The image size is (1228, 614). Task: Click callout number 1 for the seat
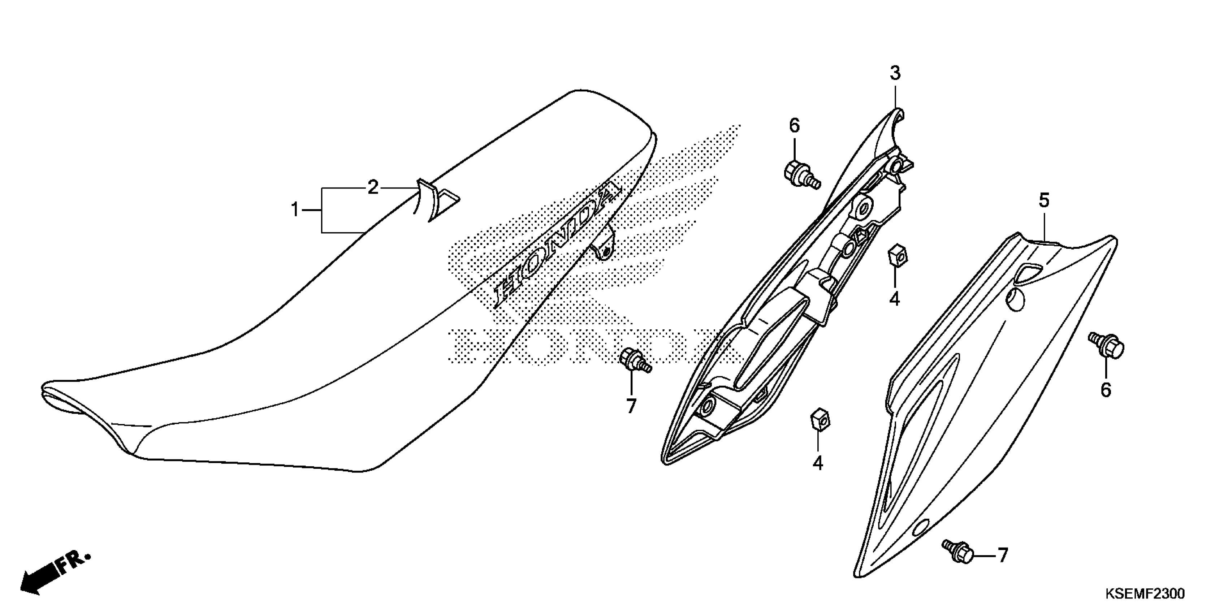point(295,210)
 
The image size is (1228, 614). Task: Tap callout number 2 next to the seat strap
point(373,187)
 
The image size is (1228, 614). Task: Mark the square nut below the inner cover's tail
point(820,419)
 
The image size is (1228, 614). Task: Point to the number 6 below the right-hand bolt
point(1106,390)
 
